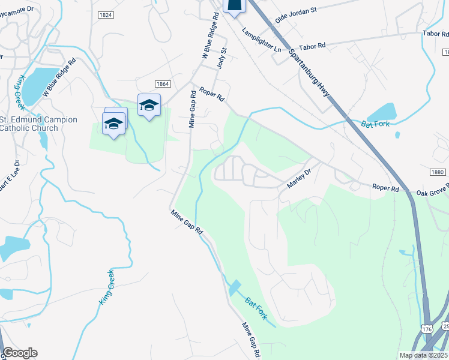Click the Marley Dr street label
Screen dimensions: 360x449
300,178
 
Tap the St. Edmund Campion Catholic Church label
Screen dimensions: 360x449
38,124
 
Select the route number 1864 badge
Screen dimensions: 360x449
162,84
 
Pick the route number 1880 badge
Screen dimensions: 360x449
438,173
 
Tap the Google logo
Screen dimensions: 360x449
20,353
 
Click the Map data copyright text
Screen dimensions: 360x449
423,355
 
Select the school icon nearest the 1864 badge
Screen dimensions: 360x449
149,106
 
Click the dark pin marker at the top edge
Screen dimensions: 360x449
235,5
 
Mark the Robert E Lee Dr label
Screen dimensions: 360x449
17,171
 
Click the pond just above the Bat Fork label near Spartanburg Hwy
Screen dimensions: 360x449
382,112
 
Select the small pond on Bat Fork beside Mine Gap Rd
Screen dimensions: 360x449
234,287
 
